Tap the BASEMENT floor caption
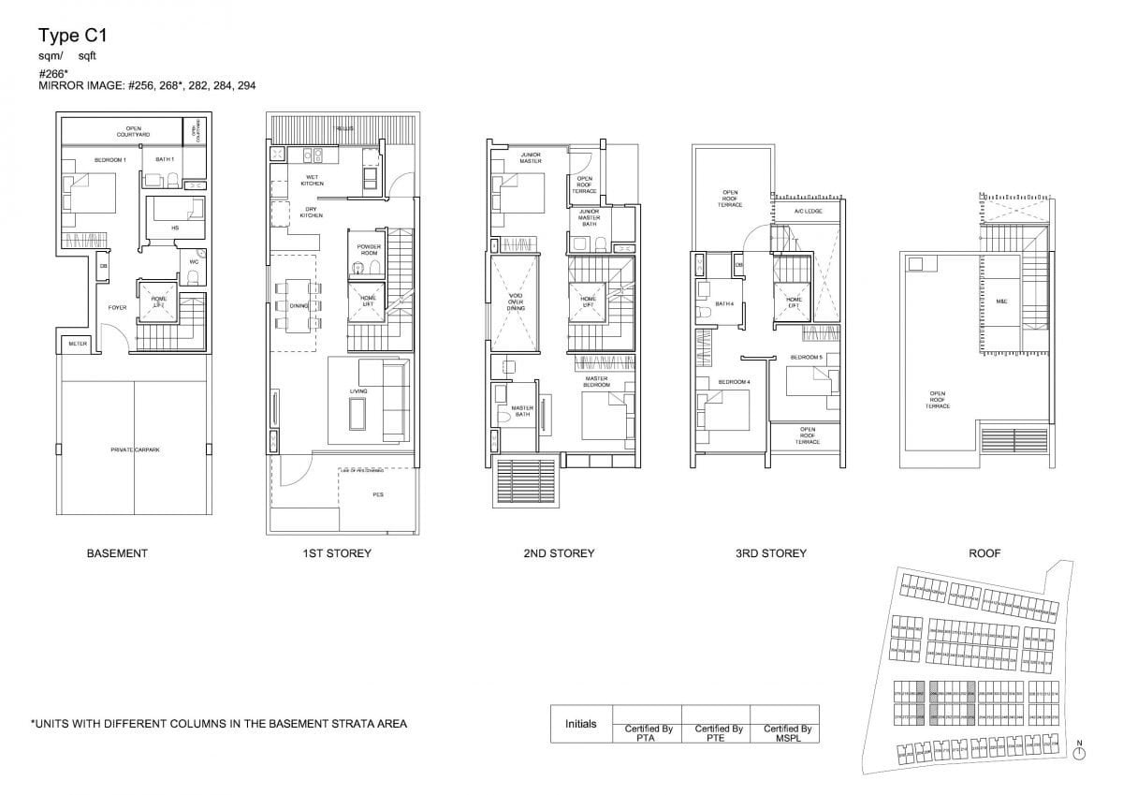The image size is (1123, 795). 117,553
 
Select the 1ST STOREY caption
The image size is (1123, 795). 337,553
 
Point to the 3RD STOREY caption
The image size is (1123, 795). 771,553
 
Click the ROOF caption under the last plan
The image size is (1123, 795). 984,553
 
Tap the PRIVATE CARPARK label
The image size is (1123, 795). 135,450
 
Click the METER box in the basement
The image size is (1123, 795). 76,345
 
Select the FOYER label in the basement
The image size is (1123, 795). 117,306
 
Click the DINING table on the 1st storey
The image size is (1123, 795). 298,305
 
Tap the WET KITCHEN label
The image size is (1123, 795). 312,180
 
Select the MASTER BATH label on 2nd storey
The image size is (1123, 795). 521,410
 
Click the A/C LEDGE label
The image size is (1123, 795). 808,212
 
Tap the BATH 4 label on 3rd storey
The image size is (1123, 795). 724,303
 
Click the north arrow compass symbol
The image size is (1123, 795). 1079,753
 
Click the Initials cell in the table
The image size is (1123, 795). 581,724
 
